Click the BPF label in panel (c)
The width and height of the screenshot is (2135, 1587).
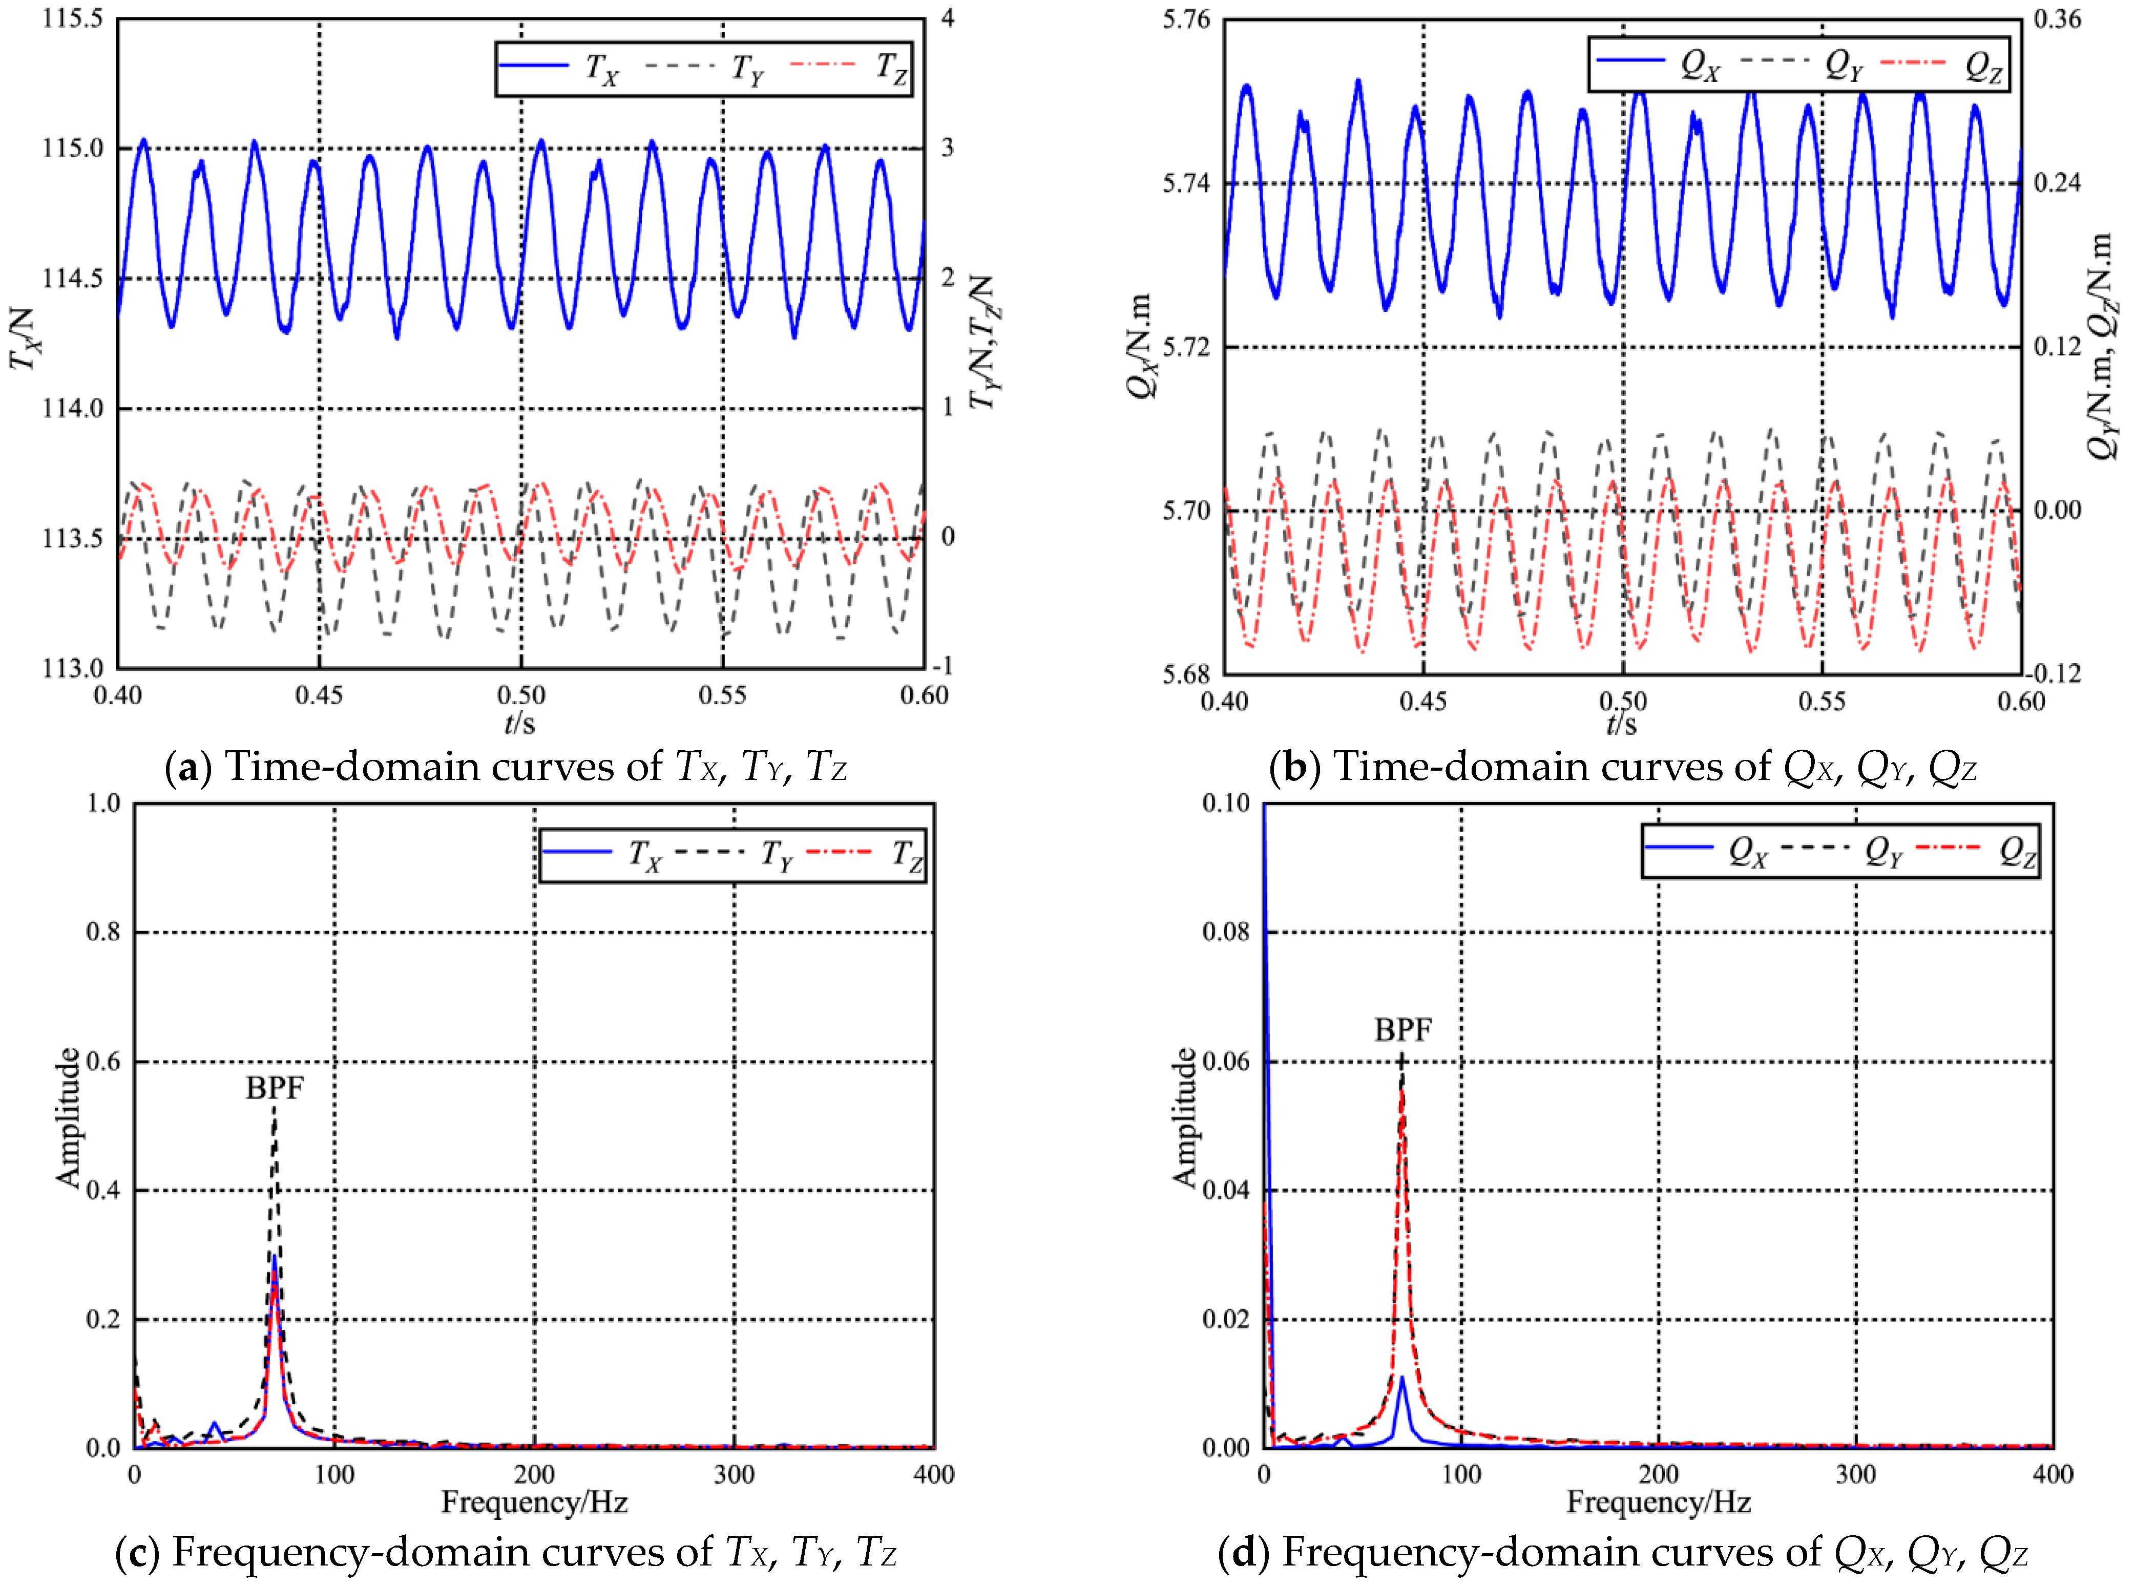tap(274, 1088)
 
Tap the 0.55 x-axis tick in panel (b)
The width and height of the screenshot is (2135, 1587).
tap(1822, 701)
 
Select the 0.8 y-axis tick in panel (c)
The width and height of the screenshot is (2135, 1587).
tap(104, 932)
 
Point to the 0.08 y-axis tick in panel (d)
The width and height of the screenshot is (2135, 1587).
tap(1226, 932)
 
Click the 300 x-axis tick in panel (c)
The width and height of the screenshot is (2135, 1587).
tap(734, 1475)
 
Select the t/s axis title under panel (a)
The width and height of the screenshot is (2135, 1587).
tap(520, 723)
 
